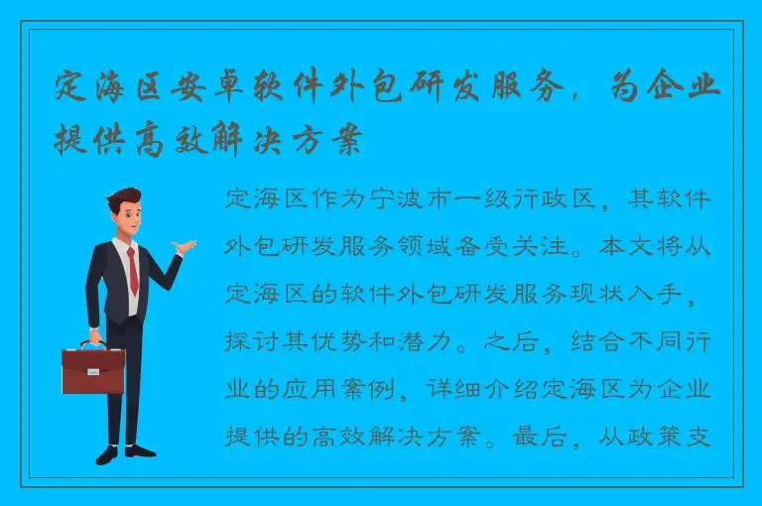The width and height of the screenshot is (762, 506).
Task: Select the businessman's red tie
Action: [132, 268]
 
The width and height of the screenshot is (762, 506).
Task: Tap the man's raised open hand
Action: [184, 245]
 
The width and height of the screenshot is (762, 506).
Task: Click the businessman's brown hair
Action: [124, 197]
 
